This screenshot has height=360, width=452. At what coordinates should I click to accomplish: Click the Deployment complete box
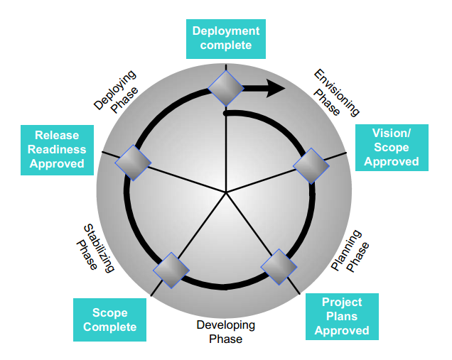point(226,38)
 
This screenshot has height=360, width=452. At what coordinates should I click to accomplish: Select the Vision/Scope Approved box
point(391,148)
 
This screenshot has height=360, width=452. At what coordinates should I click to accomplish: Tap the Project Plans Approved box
point(342,317)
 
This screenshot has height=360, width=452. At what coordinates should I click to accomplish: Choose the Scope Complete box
point(109,320)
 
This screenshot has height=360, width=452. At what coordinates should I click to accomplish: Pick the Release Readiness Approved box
point(57,149)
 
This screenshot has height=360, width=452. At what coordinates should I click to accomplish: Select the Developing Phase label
point(226,332)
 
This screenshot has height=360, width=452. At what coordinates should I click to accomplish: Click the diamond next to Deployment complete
point(226,87)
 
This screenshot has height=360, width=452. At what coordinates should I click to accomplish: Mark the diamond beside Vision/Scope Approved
point(311,166)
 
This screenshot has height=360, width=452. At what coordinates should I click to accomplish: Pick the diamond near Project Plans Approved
point(279,266)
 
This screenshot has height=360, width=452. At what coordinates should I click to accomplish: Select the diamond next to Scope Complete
point(171,269)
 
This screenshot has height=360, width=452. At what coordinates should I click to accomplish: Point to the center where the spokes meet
point(226,192)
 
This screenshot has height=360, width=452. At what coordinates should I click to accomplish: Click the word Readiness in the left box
point(58,149)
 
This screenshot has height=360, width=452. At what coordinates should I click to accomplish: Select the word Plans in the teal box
point(342,317)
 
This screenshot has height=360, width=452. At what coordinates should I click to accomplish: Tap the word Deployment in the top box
point(226,31)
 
